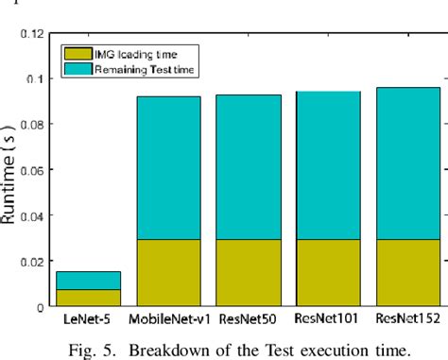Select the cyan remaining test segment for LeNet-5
click(x=87, y=281)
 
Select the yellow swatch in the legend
click(x=77, y=54)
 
